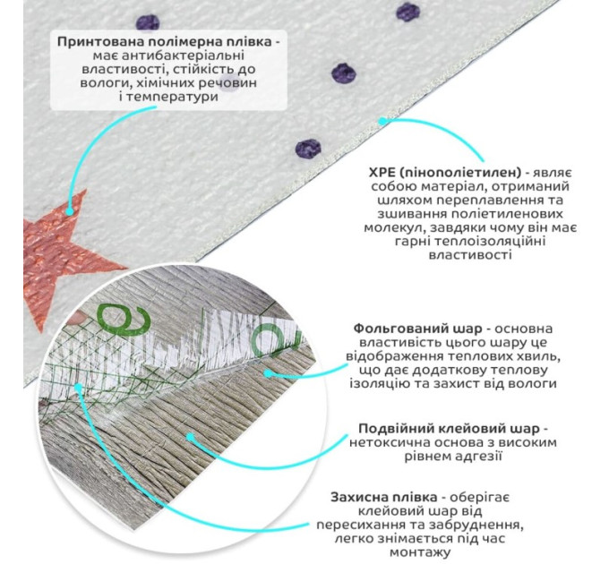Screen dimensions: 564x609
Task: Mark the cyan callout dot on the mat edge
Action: tap(382, 119)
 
